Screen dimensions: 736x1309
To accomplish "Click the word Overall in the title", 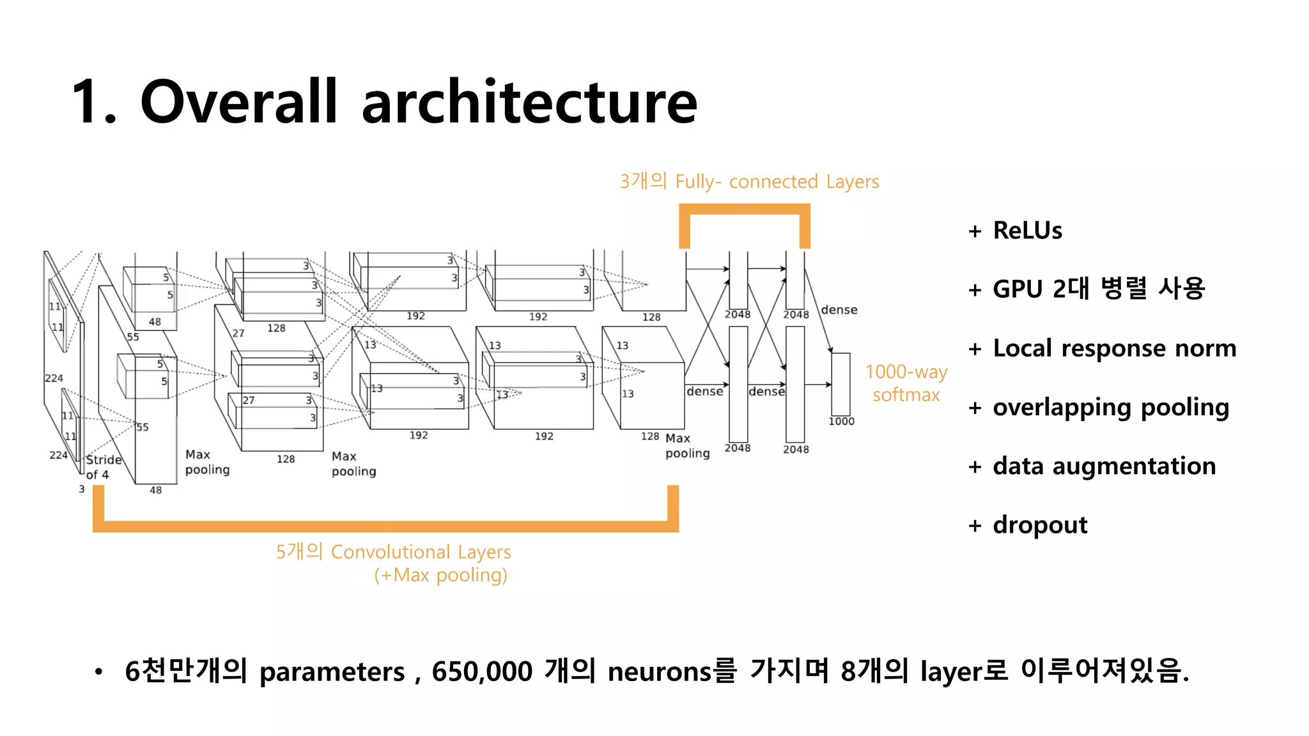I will pos(238,102).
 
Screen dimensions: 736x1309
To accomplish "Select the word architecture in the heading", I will pos(529,102).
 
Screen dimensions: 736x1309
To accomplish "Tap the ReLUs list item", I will pos(1027,231).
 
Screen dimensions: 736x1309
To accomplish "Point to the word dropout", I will pos(1040,525).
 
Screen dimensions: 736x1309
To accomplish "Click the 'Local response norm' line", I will pos(1114,349).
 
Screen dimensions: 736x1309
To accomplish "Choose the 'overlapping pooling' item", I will pos(1111,408).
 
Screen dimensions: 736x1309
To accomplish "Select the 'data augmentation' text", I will pos(1104,466).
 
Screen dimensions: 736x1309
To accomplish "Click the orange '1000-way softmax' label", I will pos(906,383).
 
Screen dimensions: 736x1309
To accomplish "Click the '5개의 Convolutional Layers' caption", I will pos(393,552).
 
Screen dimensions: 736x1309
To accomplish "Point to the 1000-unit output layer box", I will pos(840,384).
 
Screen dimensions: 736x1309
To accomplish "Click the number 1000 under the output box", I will pos(841,422).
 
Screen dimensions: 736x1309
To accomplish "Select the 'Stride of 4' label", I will pos(102,467).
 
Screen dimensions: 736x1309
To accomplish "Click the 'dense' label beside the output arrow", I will pos(839,310).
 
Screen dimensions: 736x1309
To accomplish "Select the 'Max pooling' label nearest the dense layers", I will pos(687,446).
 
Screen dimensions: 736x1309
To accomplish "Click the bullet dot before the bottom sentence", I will pos(98,672).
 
